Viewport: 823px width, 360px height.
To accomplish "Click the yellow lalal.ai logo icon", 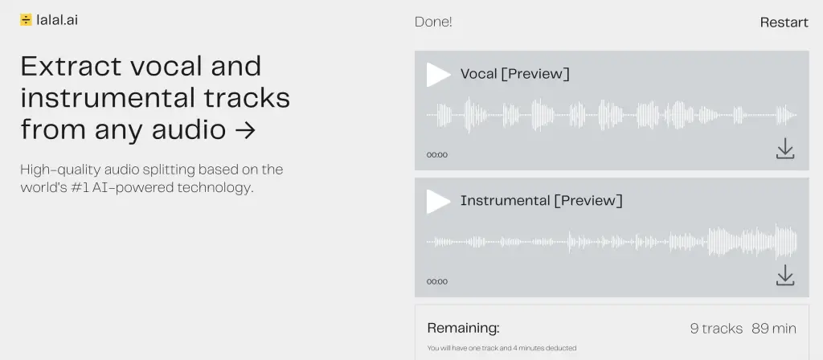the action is coord(26,20).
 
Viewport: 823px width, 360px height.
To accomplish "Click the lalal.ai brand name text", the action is coord(57,20).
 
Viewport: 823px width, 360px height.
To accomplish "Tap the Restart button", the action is coord(784,22).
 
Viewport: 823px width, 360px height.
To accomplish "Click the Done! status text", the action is coord(433,22).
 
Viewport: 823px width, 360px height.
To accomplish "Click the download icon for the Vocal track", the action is coord(785,149).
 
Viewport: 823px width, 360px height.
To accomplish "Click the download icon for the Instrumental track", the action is coord(785,275).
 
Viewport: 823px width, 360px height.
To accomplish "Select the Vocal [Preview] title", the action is coord(515,74).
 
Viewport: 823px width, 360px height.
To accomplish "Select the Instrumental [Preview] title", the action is coord(542,200).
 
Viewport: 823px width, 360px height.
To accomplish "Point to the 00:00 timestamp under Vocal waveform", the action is coord(437,155).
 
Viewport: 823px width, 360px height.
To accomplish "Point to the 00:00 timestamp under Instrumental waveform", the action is coord(437,281).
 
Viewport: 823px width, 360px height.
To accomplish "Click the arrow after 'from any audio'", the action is coord(246,130).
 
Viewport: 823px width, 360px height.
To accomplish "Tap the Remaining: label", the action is coord(464,329).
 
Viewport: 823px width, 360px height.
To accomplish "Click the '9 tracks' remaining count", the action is coord(716,329).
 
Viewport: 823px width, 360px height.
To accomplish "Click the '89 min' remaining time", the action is coord(774,329).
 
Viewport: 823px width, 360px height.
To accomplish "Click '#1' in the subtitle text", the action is coord(78,187).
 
